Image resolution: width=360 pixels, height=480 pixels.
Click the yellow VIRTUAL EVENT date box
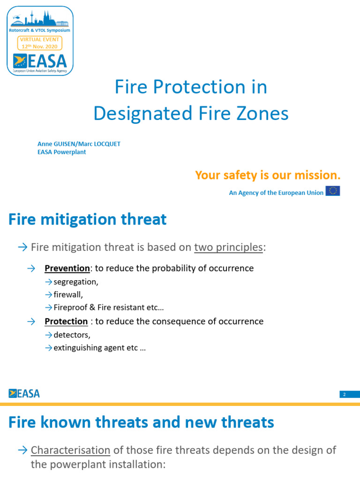(x=40, y=44)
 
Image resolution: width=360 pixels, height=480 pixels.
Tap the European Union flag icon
(x=333, y=191)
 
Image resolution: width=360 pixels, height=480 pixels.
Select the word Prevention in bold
(x=67, y=269)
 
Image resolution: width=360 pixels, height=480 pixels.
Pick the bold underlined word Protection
(x=66, y=322)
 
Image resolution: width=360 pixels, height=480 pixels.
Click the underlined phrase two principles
(x=229, y=247)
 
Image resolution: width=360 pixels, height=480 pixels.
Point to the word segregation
(x=75, y=282)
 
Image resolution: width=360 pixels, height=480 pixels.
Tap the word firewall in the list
(x=68, y=295)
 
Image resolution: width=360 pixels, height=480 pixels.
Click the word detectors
(x=72, y=335)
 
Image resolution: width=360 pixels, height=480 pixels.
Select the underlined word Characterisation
(x=70, y=450)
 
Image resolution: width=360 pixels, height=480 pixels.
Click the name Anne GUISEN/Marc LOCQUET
(x=79, y=144)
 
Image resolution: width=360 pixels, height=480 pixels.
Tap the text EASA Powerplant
(x=61, y=152)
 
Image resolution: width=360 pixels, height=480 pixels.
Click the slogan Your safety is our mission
(x=268, y=175)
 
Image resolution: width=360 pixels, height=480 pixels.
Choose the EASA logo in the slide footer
(x=24, y=393)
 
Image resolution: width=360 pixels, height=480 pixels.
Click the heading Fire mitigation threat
(x=88, y=219)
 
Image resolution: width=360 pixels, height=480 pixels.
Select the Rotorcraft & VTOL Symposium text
(x=40, y=30)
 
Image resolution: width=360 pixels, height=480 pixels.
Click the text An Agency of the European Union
(x=276, y=193)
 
